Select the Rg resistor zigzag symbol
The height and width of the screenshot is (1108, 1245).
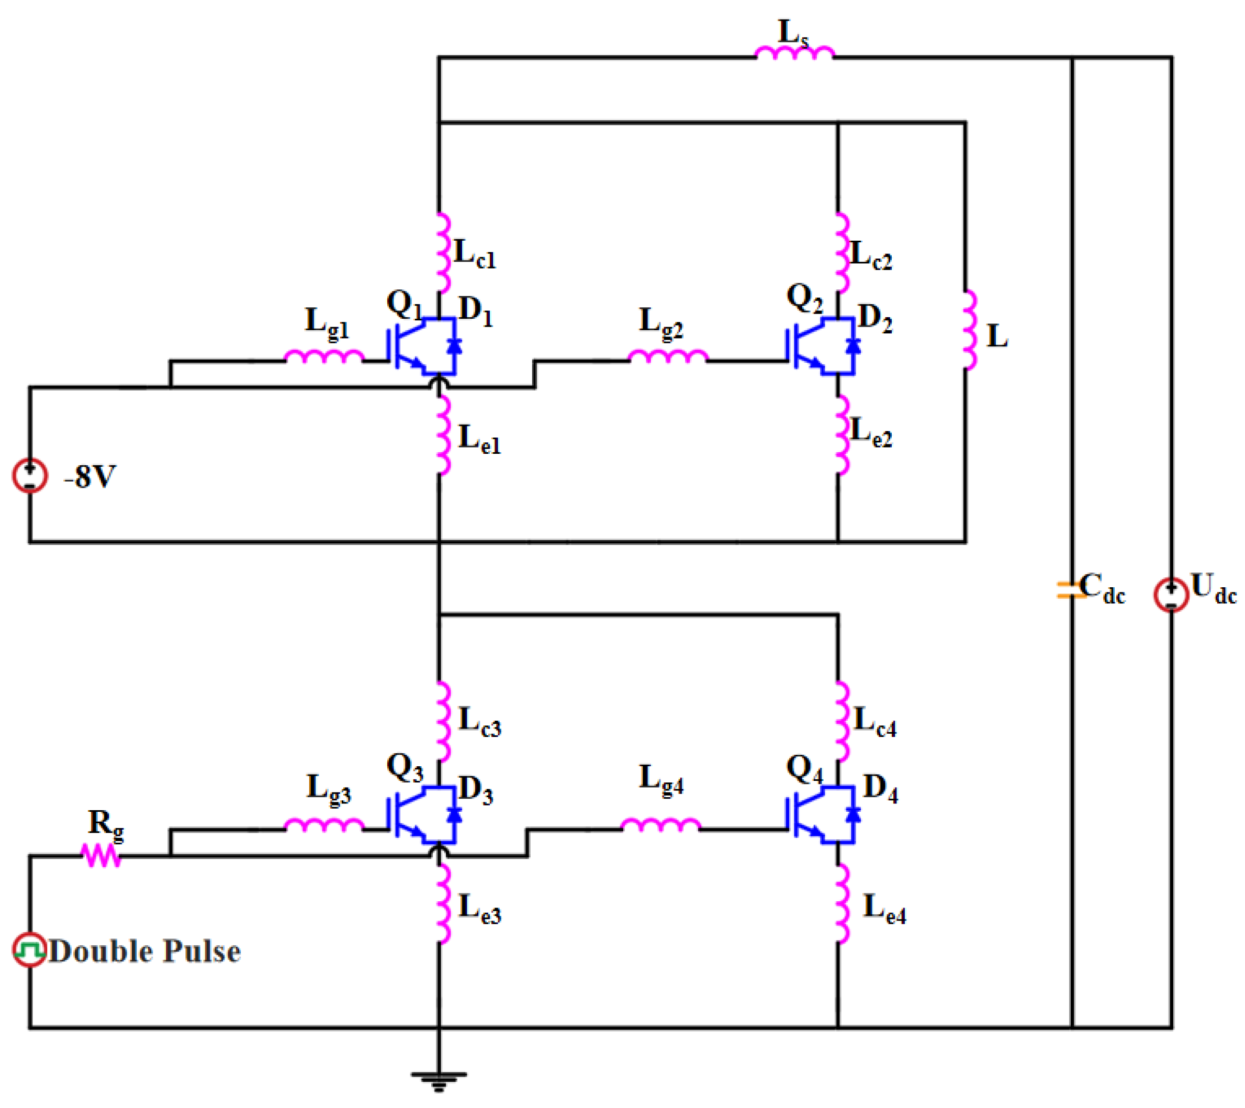tap(102, 856)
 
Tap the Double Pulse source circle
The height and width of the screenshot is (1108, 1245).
tap(30, 949)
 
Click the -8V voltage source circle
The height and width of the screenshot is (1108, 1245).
tap(30, 476)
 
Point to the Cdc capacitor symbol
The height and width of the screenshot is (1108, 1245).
tap(1071, 590)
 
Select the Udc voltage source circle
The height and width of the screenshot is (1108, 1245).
tap(1171, 595)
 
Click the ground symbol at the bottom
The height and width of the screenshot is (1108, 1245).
tap(439, 1082)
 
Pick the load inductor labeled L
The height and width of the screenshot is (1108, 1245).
tap(969, 330)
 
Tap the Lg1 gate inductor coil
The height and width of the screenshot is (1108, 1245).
tap(324, 356)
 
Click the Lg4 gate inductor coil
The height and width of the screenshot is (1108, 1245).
tap(661, 825)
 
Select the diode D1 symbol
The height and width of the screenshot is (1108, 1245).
tap(454, 345)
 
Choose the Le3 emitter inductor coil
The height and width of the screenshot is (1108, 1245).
tap(443, 903)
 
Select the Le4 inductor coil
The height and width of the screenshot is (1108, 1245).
tap(843, 903)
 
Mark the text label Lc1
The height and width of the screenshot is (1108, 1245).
tap(475, 254)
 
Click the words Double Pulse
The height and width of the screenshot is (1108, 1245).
tap(144, 952)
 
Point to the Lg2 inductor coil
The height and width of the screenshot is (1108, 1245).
tap(668, 356)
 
